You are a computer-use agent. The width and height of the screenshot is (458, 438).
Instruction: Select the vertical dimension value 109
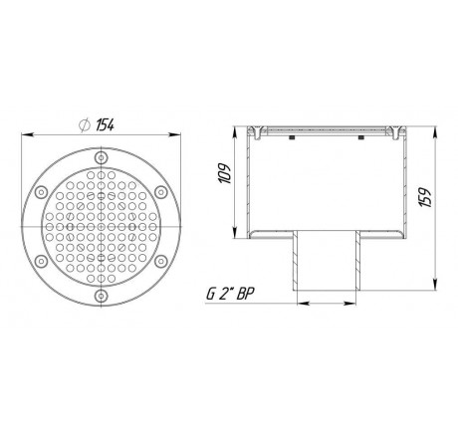coord(225,180)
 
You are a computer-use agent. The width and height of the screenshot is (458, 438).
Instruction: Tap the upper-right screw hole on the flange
coord(155,192)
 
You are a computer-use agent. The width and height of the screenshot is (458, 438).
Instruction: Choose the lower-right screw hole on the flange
coord(155,259)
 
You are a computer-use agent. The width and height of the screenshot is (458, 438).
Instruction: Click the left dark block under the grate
coord(291,139)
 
